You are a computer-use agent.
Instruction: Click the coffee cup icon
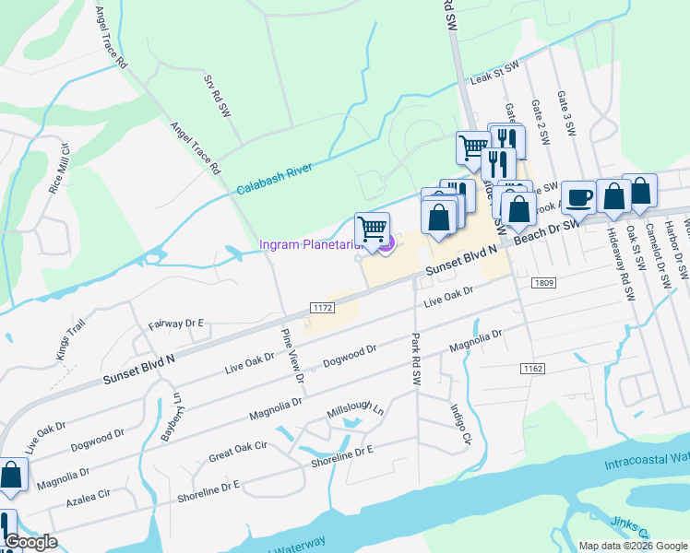click(x=577, y=197)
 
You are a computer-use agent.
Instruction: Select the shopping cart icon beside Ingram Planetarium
click(x=372, y=229)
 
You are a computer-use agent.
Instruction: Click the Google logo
click(x=30, y=542)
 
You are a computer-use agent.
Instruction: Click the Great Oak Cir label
click(x=237, y=451)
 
